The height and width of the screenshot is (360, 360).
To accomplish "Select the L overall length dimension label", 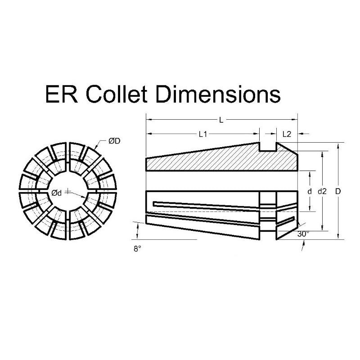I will point(220,120).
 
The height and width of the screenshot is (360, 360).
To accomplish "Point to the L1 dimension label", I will point(202,134).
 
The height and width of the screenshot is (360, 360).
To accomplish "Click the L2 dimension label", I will point(287,134).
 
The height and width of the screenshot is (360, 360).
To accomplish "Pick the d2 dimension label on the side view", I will point(322,191).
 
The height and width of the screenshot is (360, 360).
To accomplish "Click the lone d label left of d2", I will point(309,191).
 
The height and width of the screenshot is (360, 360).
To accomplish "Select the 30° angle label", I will point(303,234).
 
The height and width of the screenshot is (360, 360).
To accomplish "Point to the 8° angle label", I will point(138,248).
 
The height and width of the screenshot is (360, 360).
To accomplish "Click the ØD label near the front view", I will point(114,141).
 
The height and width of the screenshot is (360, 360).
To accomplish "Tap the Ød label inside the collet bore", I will point(57,193).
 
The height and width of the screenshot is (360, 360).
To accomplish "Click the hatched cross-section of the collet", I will point(216,160).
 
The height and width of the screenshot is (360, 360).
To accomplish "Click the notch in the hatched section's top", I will point(269,147).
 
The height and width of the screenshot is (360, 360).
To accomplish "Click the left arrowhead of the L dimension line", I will point(148,120).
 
